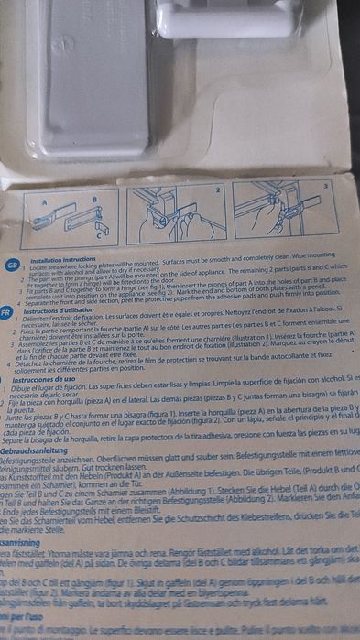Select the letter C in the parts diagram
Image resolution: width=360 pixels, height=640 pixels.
point(98,234)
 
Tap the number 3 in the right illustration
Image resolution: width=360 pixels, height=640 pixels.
point(325,185)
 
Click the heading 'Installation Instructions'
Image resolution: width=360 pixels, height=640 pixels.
point(58,260)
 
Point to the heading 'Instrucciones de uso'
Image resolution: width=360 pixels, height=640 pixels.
point(43,377)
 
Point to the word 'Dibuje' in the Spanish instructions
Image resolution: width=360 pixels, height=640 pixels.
point(28,386)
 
